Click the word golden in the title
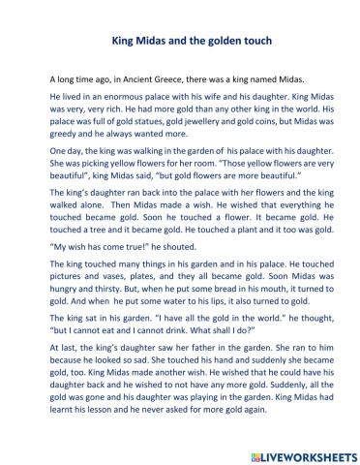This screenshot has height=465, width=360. point(224,43)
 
